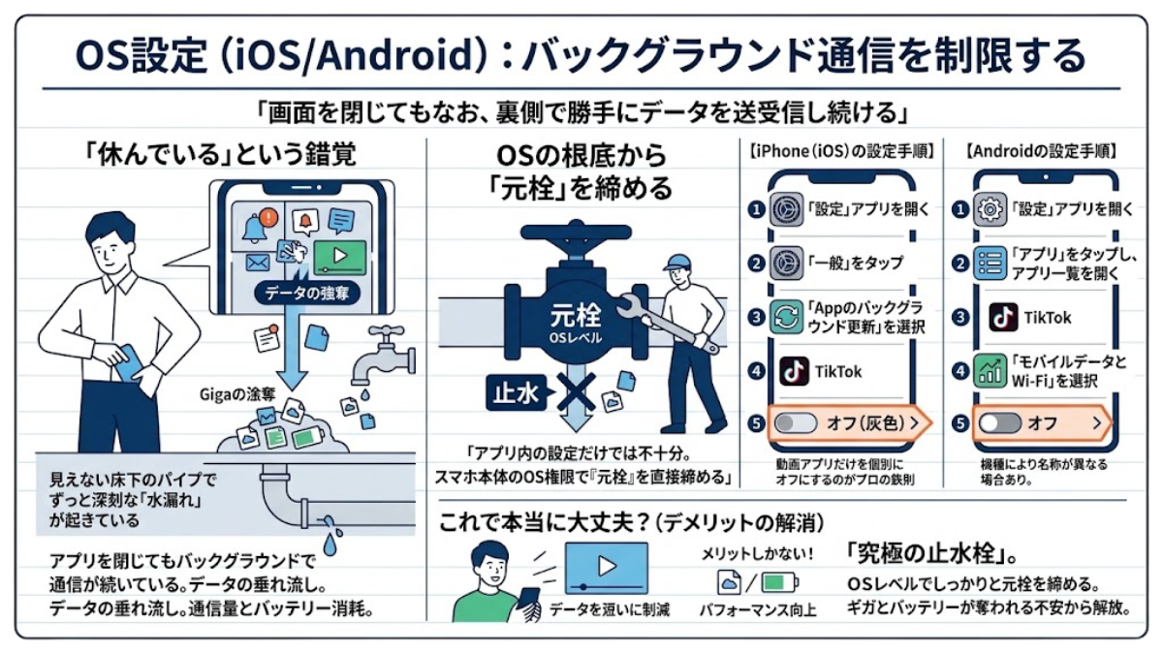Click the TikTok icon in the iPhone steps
[x=794, y=370]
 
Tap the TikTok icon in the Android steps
[x=1003, y=317]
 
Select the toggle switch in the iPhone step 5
[x=795, y=423]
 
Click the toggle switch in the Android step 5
[x=999, y=423]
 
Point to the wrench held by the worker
[x=667, y=323]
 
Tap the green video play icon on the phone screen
[x=340, y=257]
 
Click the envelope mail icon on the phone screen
[x=258, y=264]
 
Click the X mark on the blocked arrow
[x=576, y=391]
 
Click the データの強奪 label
[x=307, y=294]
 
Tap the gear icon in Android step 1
[x=990, y=209]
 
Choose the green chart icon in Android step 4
[x=990, y=370]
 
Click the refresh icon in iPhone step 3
[x=786, y=317]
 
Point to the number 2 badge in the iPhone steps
[x=756, y=264]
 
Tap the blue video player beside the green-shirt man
[x=607, y=568]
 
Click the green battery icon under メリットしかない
[x=779, y=582]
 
